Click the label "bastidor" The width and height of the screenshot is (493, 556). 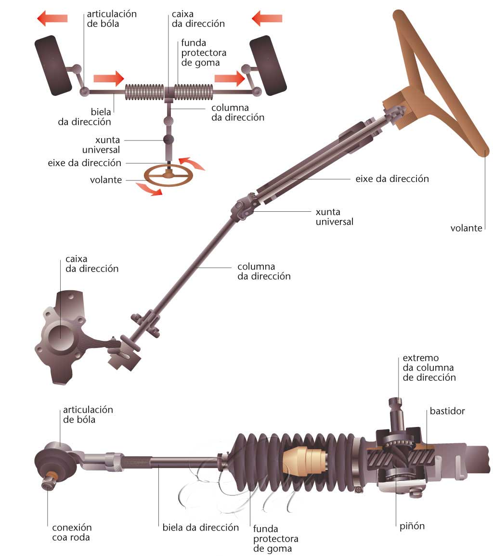point(447,412)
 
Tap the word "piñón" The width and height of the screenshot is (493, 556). point(412,526)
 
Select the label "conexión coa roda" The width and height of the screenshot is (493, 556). point(72,532)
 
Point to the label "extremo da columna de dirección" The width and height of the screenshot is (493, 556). point(429,368)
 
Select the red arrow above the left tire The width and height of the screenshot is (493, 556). point(52,19)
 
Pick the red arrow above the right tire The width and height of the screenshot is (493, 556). point(267,19)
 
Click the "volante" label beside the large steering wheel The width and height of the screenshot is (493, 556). point(466,228)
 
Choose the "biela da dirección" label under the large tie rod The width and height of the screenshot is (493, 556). point(201,527)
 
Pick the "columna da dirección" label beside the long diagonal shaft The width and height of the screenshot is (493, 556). point(264,272)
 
